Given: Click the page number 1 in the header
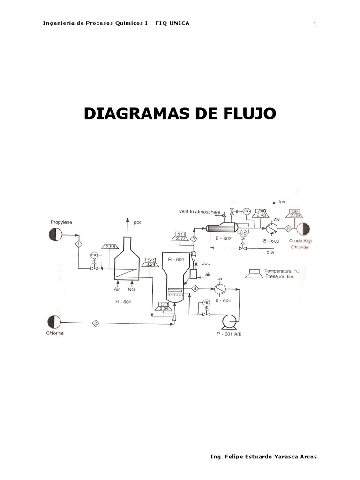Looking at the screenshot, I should [315, 24].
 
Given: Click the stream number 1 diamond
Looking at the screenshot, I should [79, 244].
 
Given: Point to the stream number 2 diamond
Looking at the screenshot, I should [95, 322].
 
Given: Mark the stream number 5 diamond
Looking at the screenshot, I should [288, 228].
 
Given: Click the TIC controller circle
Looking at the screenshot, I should [247, 211].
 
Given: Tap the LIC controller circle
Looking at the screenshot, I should [243, 233].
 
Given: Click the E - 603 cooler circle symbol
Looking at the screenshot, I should [271, 228].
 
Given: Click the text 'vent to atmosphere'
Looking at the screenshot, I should [199, 212].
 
